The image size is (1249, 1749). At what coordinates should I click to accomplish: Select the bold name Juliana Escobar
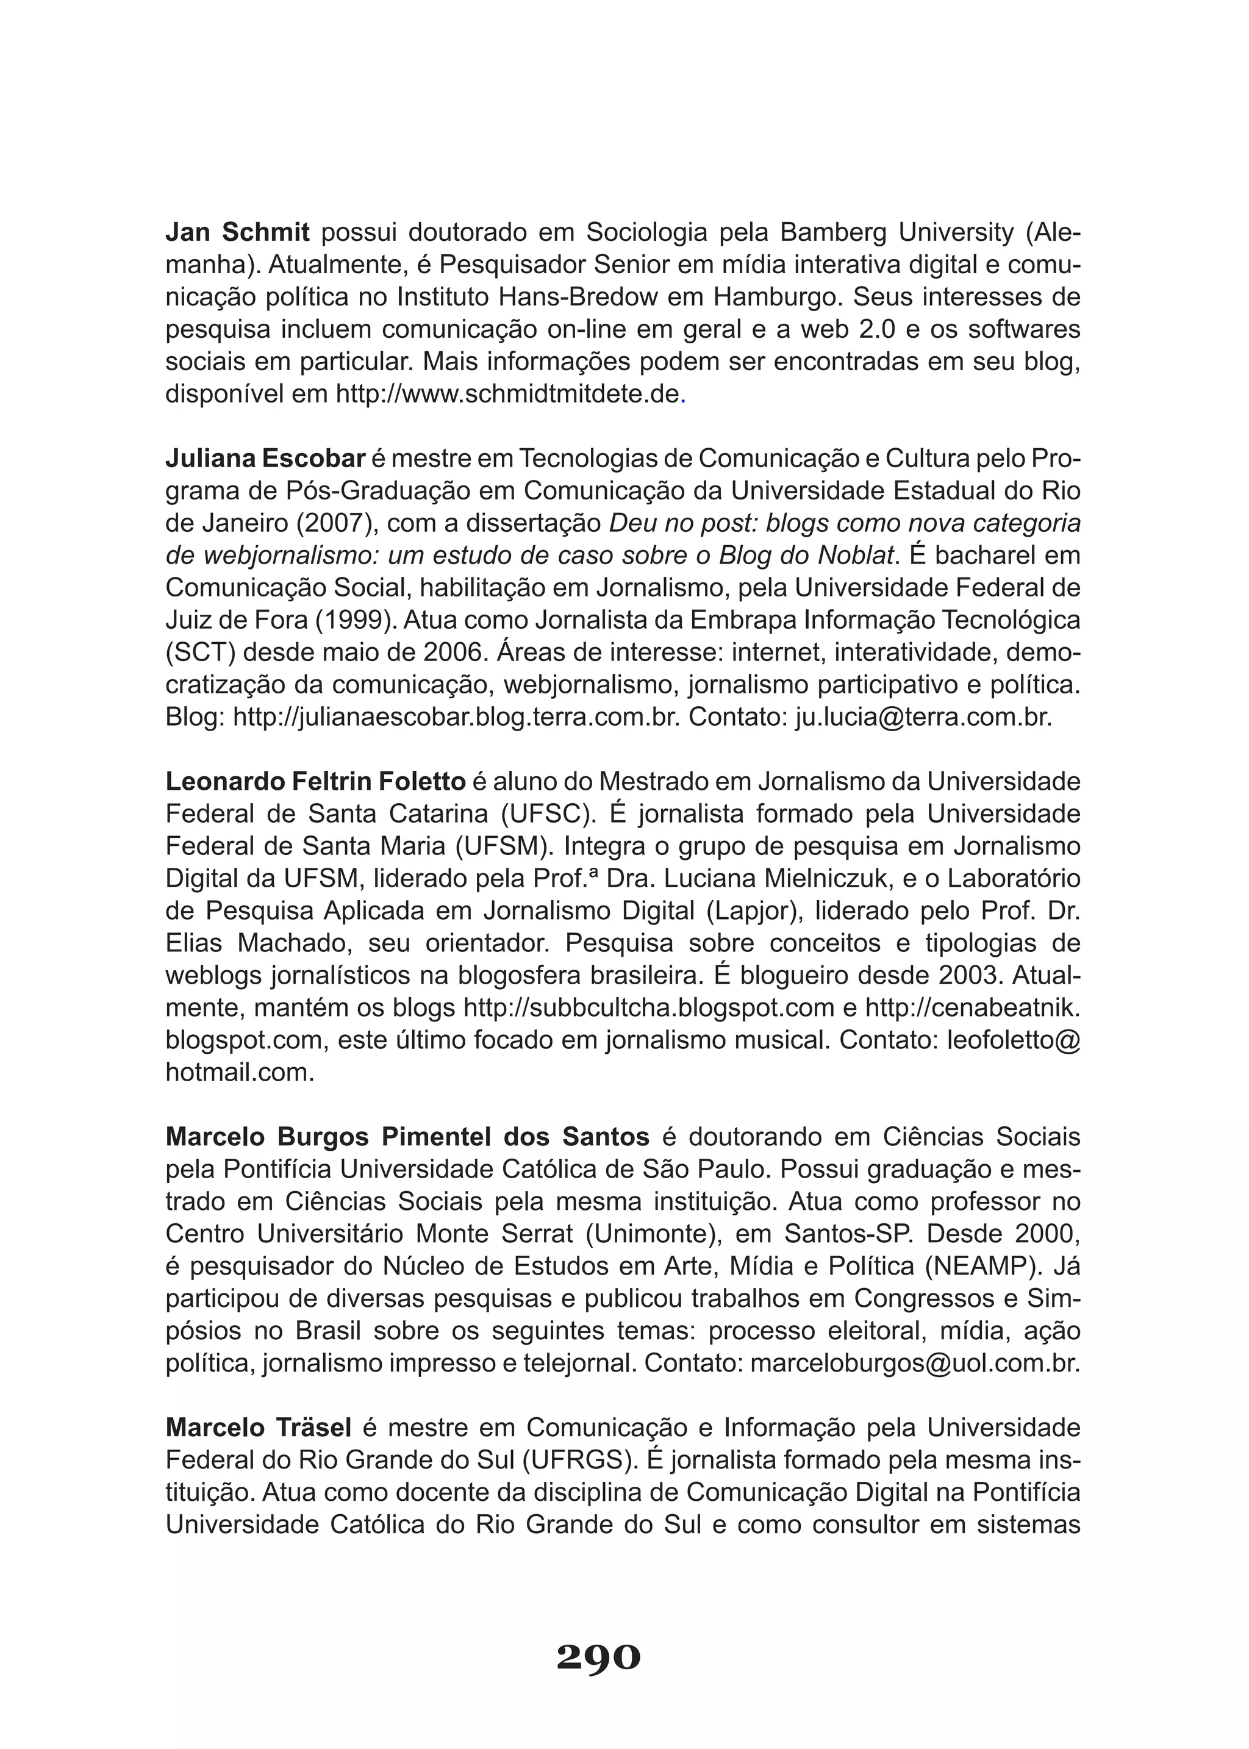tap(265, 459)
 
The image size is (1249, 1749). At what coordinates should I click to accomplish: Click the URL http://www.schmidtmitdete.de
tap(507, 395)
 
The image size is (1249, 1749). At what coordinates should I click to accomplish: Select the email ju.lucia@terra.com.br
tap(922, 718)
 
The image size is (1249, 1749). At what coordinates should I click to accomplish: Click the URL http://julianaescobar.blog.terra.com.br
tap(456, 718)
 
